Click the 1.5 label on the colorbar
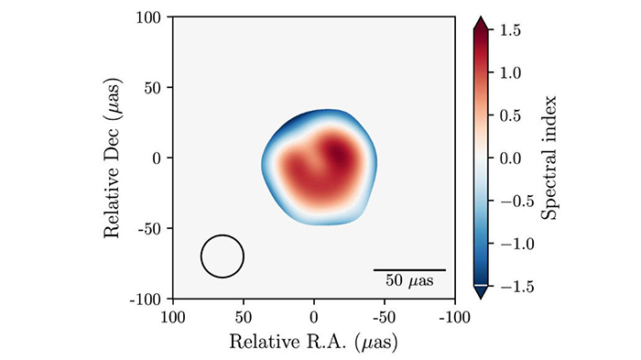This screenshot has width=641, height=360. [x=510, y=30]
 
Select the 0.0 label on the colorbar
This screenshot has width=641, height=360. [x=510, y=158]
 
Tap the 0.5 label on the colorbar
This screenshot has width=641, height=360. [x=510, y=115]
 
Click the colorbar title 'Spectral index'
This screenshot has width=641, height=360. [x=549, y=158]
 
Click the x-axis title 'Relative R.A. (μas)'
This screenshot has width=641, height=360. [x=313, y=342]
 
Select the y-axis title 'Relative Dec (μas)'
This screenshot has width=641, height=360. [x=113, y=158]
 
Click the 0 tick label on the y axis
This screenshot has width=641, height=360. [x=157, y=158]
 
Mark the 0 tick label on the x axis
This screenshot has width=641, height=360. [x=313, y=318]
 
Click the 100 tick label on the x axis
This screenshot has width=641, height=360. [x=174, y=318]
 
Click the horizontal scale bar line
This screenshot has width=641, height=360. [x=409, y=270]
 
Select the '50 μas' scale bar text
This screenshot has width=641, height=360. [x=409, y=281]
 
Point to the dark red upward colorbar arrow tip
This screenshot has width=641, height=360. [x=481, y=18]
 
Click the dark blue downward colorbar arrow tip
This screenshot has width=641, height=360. [x=481, y=299]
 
